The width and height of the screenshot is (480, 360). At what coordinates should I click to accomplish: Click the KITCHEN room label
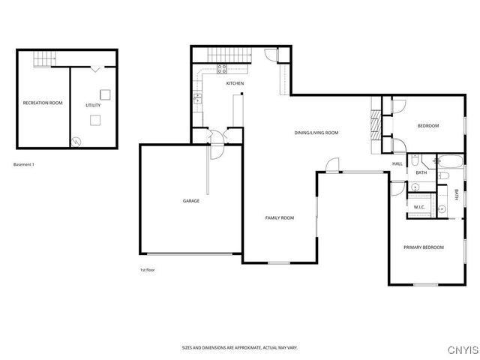(235, 83)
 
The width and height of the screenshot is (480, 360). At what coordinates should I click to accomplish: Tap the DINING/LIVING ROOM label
(316, 133)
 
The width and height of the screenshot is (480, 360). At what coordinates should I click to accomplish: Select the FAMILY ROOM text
(279, 217)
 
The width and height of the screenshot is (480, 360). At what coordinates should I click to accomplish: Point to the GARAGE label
(191, 200)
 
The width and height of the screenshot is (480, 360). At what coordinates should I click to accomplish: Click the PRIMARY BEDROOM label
(423, 247)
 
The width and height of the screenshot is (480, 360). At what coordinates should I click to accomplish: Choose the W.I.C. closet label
(419, 207)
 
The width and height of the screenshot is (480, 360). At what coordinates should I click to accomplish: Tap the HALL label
(397, 163)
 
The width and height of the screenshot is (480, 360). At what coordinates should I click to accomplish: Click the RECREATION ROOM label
(42, 103)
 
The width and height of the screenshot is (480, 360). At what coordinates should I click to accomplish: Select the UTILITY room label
(93, 105)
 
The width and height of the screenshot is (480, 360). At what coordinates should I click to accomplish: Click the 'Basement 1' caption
(24, 164)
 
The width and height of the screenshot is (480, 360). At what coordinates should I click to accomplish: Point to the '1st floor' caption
(147, 269)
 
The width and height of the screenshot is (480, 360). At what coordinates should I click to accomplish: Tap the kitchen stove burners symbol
(223, 68)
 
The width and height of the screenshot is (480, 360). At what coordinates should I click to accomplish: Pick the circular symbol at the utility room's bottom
(75, 140)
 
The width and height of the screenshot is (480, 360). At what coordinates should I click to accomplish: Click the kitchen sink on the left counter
(197, 98)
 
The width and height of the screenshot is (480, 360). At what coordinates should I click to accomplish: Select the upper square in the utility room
(106, 94)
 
